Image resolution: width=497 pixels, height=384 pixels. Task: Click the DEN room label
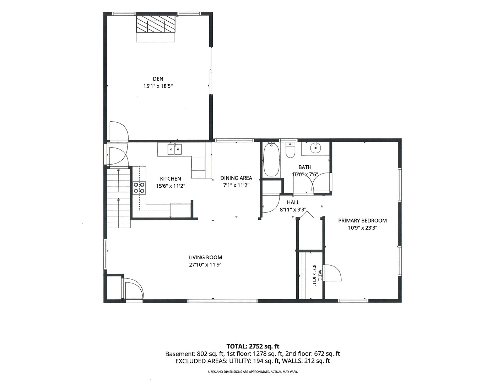(158, 79)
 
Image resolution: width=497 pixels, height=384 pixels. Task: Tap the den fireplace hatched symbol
(156, 24)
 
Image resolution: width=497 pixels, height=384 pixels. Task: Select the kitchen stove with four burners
(139, 188)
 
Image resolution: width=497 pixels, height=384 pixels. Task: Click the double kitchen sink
(175, 149)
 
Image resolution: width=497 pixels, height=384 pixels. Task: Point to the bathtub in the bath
(271, 159)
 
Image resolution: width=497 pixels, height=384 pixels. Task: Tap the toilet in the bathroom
(291, 150)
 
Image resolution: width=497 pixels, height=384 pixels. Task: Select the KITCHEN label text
(171, 178)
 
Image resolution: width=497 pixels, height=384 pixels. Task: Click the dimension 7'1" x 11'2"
(236, 185)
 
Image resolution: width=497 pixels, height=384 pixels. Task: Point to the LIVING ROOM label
(205, 257)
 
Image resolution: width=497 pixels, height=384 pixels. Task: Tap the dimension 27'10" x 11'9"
(205, 265)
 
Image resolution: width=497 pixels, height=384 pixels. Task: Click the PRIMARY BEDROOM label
(362, 220)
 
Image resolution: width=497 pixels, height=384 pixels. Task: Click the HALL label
(293, 202)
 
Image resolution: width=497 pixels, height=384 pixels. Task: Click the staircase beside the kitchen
(118, 198)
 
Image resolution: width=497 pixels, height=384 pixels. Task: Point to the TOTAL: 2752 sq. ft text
(253, 346)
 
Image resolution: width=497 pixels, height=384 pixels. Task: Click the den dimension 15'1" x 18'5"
(158, 86)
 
